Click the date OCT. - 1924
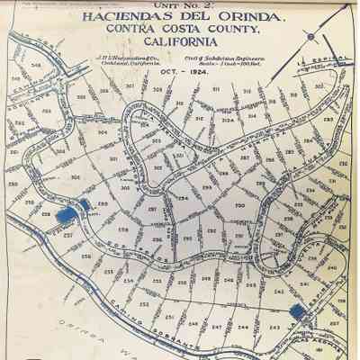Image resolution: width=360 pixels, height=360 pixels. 176,72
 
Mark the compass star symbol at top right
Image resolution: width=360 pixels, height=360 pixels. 310,37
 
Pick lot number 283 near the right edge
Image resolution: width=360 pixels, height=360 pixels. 328,118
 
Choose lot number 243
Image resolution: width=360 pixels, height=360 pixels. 275,327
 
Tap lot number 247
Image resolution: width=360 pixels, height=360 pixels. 216,326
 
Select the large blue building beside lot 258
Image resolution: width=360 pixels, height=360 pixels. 65,215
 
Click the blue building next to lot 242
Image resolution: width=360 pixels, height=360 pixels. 297,310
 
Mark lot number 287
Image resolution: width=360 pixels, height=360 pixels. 245,157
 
